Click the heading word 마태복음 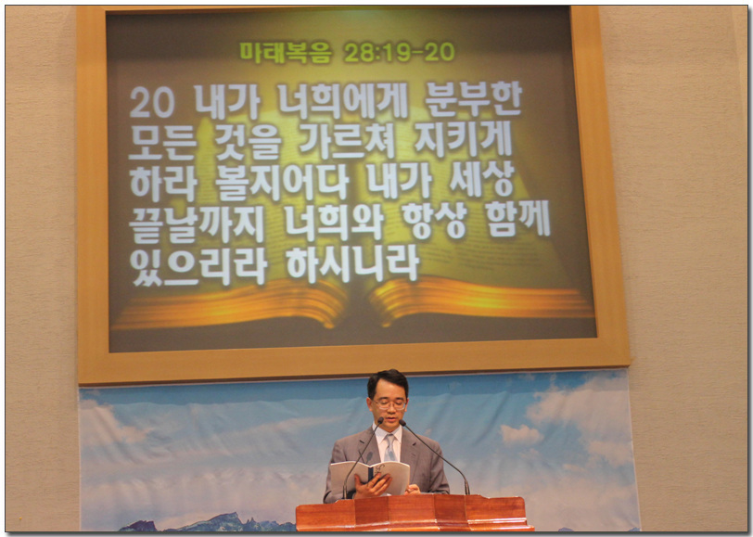[286, 52]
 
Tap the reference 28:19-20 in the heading [400, 52]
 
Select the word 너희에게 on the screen [342, 101]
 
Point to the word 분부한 [473, 100]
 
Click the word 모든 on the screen [163, 143]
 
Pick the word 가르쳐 [347, 142]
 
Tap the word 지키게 [464, 140]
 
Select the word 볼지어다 [282, 183]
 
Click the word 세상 [481, 180]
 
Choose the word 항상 [435, 221]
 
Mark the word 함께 [517, 220]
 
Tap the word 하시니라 [352, 264]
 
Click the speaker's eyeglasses [389, 404]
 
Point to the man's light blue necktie [389, 448]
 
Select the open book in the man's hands [370, 478]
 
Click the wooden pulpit [414, 513]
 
